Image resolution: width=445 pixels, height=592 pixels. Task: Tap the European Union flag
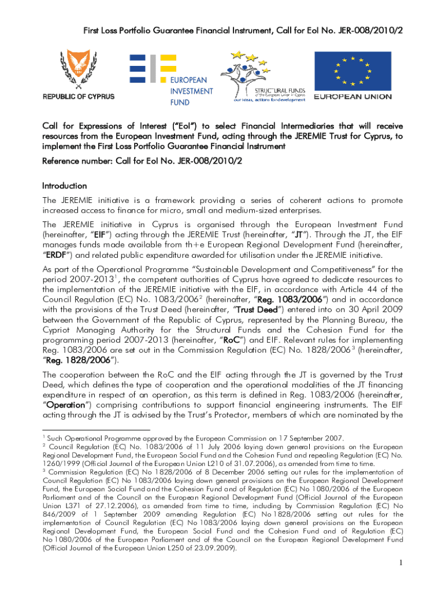[353, 72]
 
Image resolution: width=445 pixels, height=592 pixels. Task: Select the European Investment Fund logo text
[191, 91]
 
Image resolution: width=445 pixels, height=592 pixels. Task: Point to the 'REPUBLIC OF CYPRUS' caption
[78, 97]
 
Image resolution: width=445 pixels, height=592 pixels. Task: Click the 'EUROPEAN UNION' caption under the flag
[353, 97]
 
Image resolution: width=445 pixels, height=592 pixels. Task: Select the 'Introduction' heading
[64, 186]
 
